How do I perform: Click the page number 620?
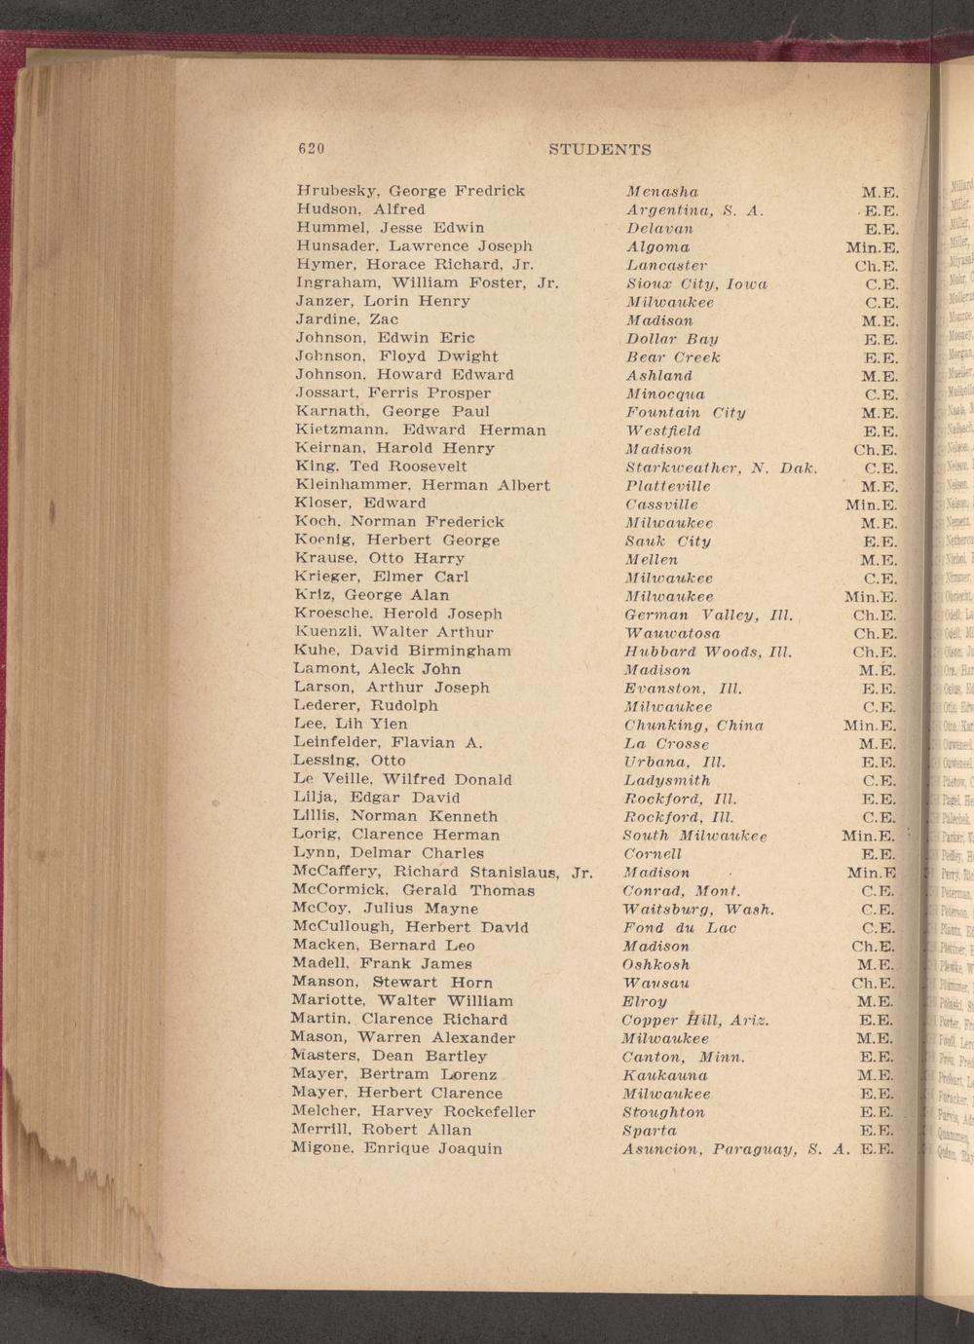[x=310, y=149]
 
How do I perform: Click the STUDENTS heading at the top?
[x=599, y=150]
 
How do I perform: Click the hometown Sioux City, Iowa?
[x=696, y=284]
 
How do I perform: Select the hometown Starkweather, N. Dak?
[x=720, y=467]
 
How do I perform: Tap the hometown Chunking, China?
[x=693, y=726]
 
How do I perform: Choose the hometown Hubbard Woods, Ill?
[x=708, y=652]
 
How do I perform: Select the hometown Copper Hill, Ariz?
[x=695, y=1020]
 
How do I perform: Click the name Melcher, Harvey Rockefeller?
[x=413, y=1111]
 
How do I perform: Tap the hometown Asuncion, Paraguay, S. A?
[x=732, y=1149]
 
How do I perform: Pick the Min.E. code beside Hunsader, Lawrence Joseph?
[x=871, y=247]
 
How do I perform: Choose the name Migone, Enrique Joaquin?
[x=396, y=1148]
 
